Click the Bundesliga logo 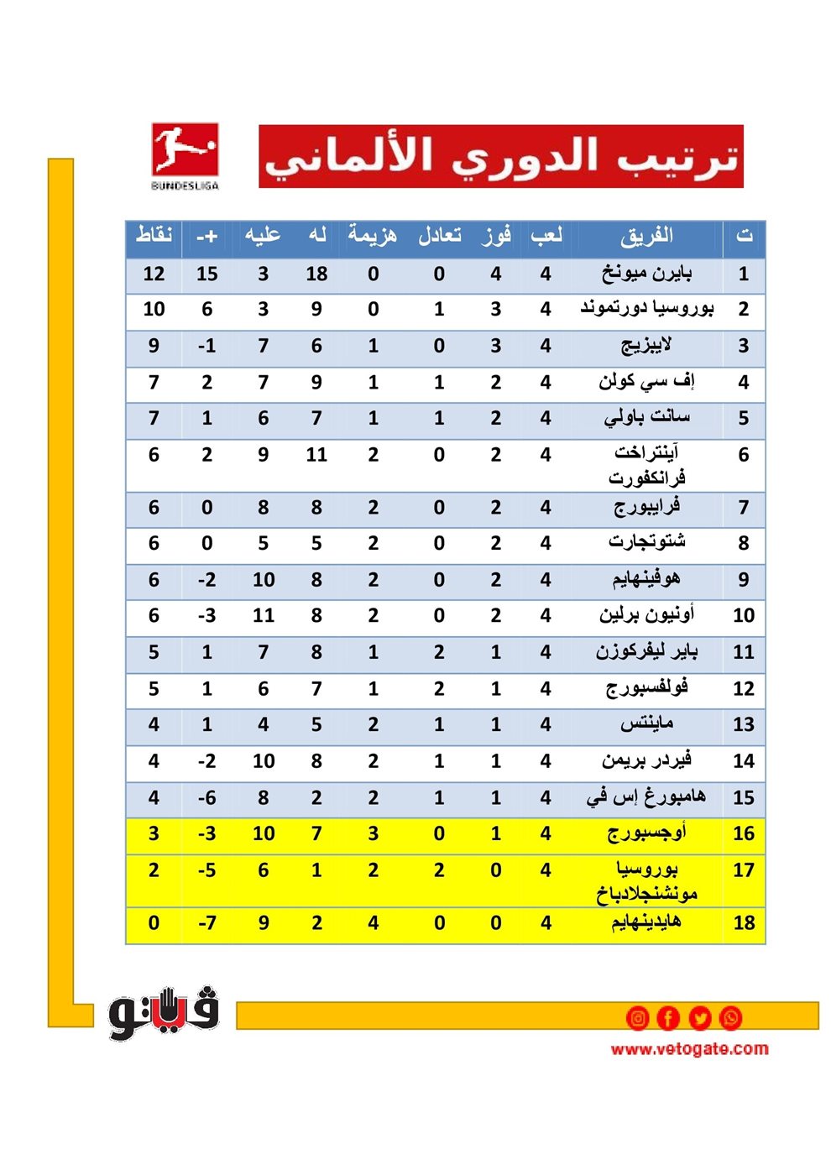(185, 156)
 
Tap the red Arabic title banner (501, 157)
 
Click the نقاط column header (154, 236)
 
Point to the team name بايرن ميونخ (646, 273)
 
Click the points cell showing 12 (154, 274)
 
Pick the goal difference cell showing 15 (207, 274)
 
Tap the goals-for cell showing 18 (316, 274)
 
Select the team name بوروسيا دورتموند (646, 308)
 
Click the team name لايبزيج (646, 345)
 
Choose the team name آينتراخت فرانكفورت (646, 465)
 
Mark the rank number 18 (744, 923)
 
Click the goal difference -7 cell (207, 923)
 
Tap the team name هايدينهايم (646, 922)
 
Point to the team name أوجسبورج (646, 833)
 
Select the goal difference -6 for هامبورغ (207, 797)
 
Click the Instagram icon (638, 1018)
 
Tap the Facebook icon (668, 1018)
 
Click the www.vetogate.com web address (689, 1048)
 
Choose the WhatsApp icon (731, 1018)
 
